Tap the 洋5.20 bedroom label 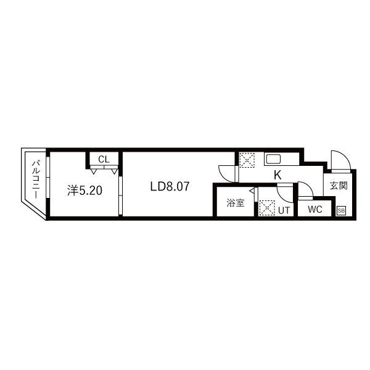click(x=84, y=191)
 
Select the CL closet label click(x=104, y=160)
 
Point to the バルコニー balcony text click(x=35, y=179)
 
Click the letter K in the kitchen click(x=277, y=175)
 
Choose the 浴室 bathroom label click(x=235, y=202)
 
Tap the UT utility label click(x=284, y=210)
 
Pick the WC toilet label click(x=314, y=209)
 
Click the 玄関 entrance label click(x=339, y=185)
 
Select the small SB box click(x=341, y=210)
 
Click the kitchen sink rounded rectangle click(x=273, y=159)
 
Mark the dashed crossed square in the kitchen click(x=247, y=160)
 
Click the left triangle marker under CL click(x=92, y=171)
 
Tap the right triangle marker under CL click(x=114, y=171)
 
